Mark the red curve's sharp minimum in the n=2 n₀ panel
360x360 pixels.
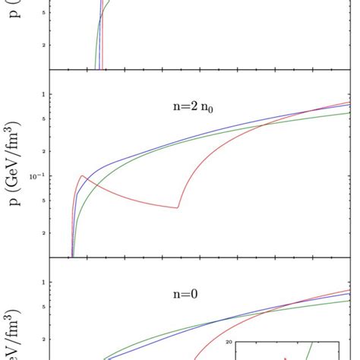click(x=178, y=207)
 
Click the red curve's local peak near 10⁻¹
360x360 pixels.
click(x=82, y=176)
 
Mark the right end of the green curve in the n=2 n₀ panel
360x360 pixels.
click(x=349, y=113)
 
